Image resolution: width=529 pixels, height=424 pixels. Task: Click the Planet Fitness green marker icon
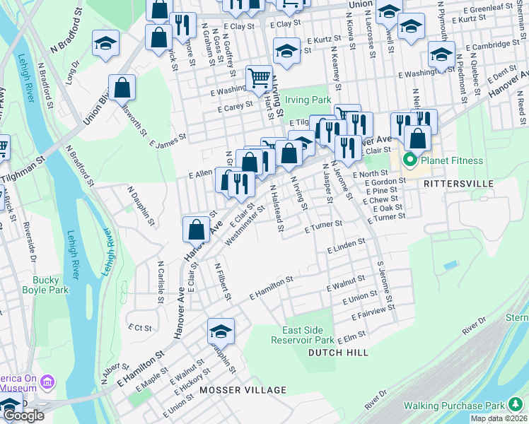pyautogui.click(x=409, y=161)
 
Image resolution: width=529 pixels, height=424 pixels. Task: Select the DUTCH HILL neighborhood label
pyautogui.click(x=335, y=351)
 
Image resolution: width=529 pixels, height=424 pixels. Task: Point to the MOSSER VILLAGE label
pyautogui.click(x=243, y=390)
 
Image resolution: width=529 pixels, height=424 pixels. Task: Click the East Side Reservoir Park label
pyautogui.click(x=302, y=335)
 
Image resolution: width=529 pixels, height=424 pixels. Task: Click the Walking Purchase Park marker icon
pyautogui.click(x=516, y=405)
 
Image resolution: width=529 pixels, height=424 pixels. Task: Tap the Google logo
pyautogui.click(x=23, y=416)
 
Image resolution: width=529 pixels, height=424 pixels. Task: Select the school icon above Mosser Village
pyautogui.click(x=221, y=331)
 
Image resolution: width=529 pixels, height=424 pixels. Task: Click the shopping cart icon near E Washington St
pyautogui.click(x=259, y=78)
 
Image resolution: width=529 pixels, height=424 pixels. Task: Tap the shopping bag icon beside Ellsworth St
pyautogui.click(x=122, y=88)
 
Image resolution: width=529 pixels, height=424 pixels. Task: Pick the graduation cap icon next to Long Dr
pyautogui.click(x=105, y=43)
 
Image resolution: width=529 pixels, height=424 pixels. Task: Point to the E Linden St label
pyautogui.click(x=347, y=246)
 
